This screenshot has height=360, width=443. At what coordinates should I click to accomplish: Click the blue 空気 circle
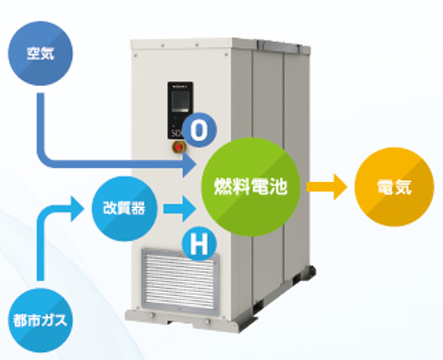(40, 53)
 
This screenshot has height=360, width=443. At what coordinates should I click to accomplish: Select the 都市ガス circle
(40, 320)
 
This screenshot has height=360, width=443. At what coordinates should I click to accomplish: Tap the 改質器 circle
(124, 209)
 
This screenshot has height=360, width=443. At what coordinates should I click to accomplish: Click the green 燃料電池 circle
(250, 187)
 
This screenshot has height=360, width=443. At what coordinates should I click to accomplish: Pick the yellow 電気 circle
(394, 187)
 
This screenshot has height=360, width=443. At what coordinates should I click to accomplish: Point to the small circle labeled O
(199, 129)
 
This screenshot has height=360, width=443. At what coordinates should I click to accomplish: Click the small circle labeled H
(199, 244)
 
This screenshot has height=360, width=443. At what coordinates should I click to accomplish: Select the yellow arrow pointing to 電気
(326, 187)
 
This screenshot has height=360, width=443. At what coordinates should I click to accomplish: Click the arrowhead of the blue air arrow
(190, 164)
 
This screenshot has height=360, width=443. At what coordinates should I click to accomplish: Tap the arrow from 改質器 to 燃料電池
(180, 209)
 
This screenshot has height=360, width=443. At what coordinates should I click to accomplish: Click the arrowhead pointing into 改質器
(78, 209)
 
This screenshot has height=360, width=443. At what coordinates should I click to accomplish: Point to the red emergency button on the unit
(178, 147)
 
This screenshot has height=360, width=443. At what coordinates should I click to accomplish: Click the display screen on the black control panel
(181, 101)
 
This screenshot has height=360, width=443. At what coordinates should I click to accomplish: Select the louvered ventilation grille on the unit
(181, 280)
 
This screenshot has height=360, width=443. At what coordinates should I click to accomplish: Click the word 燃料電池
(250, 187)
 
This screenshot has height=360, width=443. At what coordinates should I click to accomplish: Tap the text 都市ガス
(40, 320)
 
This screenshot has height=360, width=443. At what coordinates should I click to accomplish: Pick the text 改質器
(124, 209)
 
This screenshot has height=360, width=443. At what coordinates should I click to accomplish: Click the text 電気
(394, 187)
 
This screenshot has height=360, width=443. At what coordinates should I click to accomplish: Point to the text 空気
(40, 53)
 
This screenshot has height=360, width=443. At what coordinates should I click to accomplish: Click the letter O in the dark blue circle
(199, 130)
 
